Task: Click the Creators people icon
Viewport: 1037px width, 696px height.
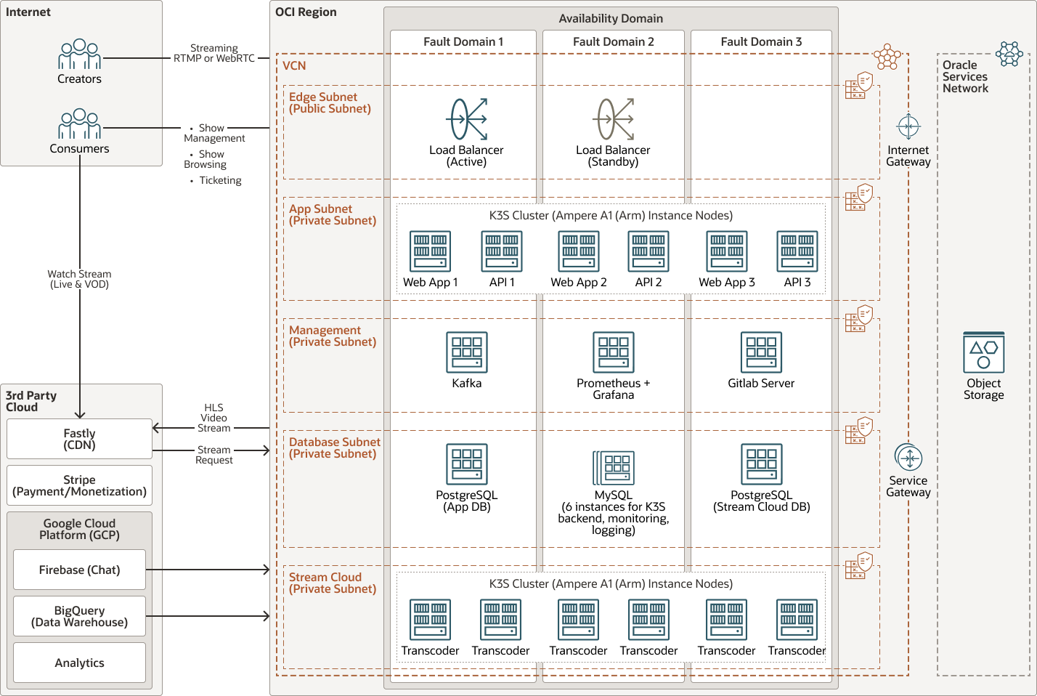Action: (79, 54)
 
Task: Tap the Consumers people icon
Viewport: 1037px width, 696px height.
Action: (79, 124)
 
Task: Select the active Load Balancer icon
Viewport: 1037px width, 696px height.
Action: (468, 119)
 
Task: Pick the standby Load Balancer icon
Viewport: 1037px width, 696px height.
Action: (614, 119)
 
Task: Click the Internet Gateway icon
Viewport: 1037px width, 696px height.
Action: (908, 126)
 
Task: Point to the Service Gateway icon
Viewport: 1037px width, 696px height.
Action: (908, 458)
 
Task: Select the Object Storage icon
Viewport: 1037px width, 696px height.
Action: (983, 353)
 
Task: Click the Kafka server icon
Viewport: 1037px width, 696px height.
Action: (467, 352)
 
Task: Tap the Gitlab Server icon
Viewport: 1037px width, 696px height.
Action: (761, 352)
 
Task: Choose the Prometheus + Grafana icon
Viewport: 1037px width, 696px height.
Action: (614, 352)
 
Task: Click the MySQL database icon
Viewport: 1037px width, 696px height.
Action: (614, 467)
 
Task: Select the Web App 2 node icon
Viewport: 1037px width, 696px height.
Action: (579, 251)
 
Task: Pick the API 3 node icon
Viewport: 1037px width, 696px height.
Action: (797, 251)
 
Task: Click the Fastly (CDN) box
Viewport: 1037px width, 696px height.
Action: (79, 439)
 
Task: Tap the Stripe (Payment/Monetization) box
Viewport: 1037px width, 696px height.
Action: (79, 485)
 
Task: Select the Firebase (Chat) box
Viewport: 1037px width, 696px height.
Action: (79, 570)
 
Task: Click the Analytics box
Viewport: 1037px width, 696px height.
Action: (79, 663)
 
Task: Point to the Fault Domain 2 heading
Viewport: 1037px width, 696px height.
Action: (614, 41)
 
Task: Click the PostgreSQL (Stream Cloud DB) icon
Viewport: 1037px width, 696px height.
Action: (761, 464)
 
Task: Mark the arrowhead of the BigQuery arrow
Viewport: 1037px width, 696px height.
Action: (267, 616)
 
